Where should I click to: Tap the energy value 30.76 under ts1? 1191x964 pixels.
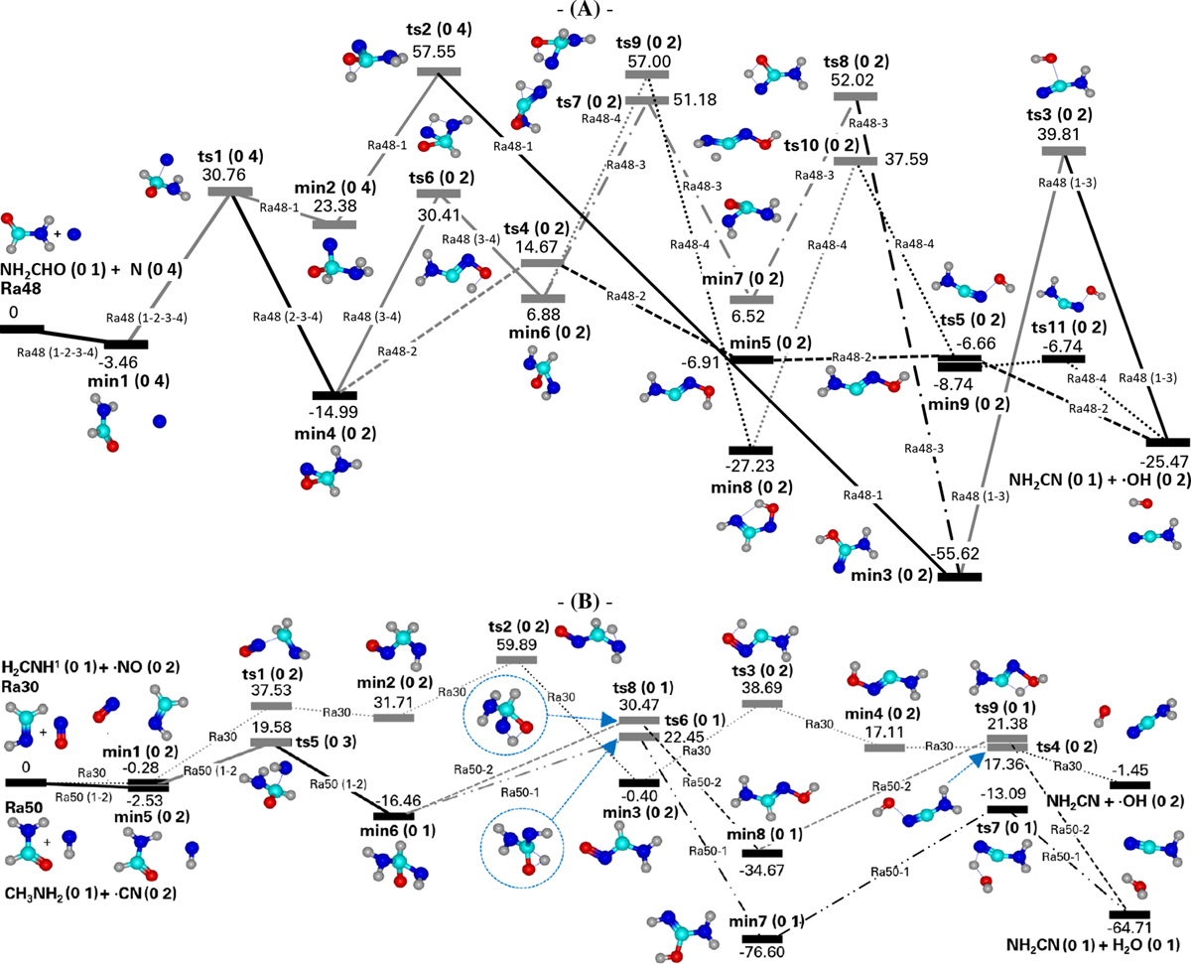pyautogui.click(x=230, y=174)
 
